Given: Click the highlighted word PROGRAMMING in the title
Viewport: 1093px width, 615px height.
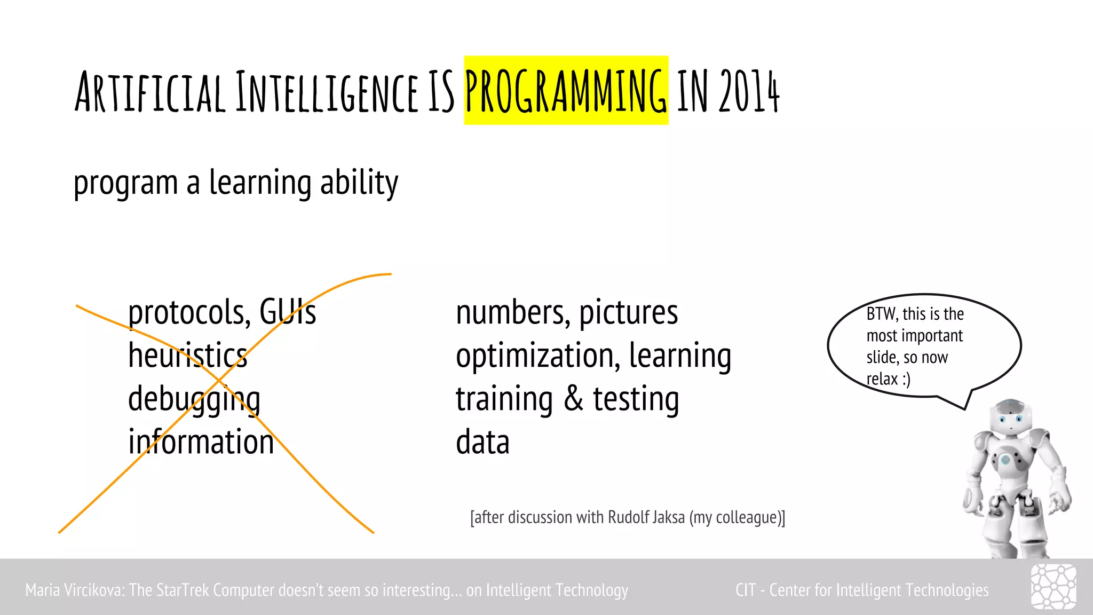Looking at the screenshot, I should (566, 91).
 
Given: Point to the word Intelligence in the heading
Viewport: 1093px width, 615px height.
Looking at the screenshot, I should (327, 92).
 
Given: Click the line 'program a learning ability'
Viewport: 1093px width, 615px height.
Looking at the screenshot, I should (236, 183).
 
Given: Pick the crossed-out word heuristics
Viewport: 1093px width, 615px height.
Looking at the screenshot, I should (188, 356).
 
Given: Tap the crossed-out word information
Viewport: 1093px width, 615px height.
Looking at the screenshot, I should (201, 442).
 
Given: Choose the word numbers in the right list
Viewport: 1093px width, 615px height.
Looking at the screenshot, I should (512, 313).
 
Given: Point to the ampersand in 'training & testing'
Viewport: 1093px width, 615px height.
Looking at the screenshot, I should (574, 399).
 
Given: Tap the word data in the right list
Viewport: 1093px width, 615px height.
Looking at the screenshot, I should (482, 442).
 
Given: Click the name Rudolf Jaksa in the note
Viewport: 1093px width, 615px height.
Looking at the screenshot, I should (646, 517).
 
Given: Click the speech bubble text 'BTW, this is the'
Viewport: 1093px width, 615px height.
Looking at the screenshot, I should (915, 314).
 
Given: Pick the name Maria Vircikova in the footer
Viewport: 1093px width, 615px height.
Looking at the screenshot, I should (75, 590).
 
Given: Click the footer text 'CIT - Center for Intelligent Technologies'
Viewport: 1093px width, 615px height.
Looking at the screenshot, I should (862, 590).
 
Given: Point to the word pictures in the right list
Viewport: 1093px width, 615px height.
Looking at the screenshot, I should (629, 313).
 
